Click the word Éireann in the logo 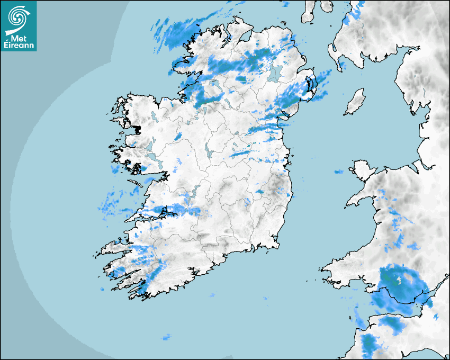pos(19,46)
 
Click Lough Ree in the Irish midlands pos(208,151)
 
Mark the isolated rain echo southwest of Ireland pos(167,337)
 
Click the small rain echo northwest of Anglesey pos(338,172)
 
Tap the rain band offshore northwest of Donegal pos(175,32)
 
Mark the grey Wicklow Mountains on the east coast pos(276,185)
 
